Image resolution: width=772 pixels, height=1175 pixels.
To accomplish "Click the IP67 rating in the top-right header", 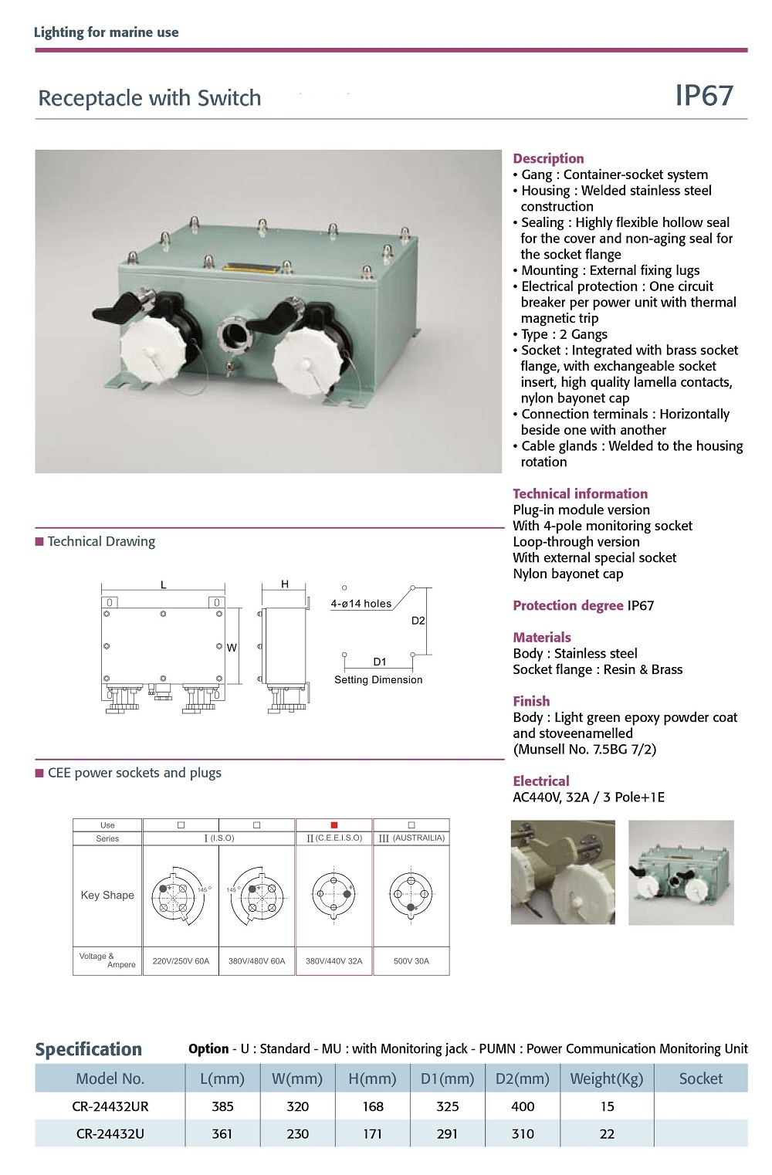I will tap(704, 95).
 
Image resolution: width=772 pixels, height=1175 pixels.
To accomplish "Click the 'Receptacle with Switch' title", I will tap(150, 98).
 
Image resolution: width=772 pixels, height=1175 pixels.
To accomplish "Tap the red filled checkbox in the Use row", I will tap(334, 825).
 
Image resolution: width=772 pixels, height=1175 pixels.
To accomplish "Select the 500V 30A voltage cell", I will tap(411, 961).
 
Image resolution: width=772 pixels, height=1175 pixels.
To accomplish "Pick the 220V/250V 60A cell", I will tap(181, 961).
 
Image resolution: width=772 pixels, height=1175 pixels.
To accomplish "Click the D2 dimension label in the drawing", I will tap(418, 621).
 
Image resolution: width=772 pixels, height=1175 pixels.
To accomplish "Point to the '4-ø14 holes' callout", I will tap(361, 604).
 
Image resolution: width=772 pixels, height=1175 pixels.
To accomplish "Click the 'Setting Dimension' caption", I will tap(378, 680).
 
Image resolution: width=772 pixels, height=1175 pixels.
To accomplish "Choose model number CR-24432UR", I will tap(110, 1106).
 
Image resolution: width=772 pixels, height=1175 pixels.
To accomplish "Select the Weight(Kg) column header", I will tap(606, 1078).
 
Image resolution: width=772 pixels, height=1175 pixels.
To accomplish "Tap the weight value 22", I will tap(607, 1134).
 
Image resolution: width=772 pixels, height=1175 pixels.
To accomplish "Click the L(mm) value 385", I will tap(222, 1106).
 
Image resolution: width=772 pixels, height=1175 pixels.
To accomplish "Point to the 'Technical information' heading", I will tap(580, 494).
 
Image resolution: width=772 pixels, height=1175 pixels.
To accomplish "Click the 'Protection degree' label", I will tap(568, 606).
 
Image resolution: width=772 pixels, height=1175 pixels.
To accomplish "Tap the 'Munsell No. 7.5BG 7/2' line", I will tap(584, 750).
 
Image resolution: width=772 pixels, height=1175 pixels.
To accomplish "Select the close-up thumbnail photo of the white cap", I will tap(563, 872).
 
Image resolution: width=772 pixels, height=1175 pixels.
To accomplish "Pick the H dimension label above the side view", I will tap(285, 584).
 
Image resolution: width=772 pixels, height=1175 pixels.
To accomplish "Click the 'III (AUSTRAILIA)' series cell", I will tap(411, 838).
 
